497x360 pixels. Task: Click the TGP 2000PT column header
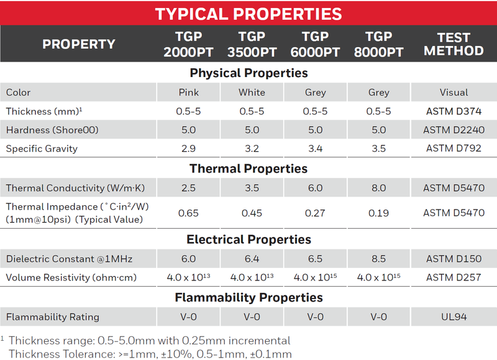pos(188,44)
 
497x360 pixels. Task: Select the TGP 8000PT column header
pos(378,44)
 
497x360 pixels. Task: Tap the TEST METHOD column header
pos(454,44)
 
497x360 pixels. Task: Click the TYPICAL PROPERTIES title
pos(248,14)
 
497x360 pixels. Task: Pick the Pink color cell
pos(189,92)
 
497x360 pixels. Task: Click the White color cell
pos(252,92)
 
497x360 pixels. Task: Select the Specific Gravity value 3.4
pos(316,149)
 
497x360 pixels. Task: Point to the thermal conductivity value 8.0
pos(379,188)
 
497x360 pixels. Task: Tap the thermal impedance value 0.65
pos(188,213)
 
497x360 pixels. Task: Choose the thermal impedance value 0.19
pos(378,213)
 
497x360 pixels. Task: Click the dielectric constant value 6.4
pos(252,259)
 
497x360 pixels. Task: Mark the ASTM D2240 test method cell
pos(454,130)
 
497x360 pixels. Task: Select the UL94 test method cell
pos(454,317)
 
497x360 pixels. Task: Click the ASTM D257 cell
pos(454,277)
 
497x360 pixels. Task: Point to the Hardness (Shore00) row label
pos(52,130)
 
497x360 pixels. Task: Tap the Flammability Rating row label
pos(53,317)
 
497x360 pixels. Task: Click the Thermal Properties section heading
pos(248,168)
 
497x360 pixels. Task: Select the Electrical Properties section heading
pos(249,239)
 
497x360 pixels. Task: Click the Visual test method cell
pos(454,92)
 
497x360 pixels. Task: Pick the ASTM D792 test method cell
pos(454,149)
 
